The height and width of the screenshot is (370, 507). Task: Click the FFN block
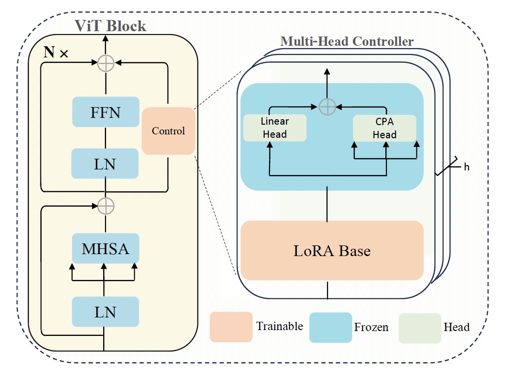[106, 112]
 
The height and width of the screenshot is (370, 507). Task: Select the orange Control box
[168, 131]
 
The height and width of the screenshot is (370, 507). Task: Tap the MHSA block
[106, 249]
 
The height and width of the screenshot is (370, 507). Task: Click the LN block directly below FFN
[106, 164]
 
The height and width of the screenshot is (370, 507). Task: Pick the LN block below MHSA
[106, 312]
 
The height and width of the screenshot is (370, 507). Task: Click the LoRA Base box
[332, 251]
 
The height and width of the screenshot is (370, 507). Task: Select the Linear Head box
[274, 128]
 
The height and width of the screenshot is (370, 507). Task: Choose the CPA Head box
[384, 128]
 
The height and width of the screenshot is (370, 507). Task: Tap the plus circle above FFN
[106, 62]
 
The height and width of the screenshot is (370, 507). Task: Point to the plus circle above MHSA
[106, 206]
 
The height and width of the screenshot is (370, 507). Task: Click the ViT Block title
[110, 25]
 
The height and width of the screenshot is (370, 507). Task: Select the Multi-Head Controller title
[347, 41]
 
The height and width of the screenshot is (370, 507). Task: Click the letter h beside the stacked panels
[467, 167]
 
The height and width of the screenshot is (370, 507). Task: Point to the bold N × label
[55, 53]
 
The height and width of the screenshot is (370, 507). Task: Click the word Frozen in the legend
[371, 327]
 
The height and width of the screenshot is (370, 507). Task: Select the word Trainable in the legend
[279, 326]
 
